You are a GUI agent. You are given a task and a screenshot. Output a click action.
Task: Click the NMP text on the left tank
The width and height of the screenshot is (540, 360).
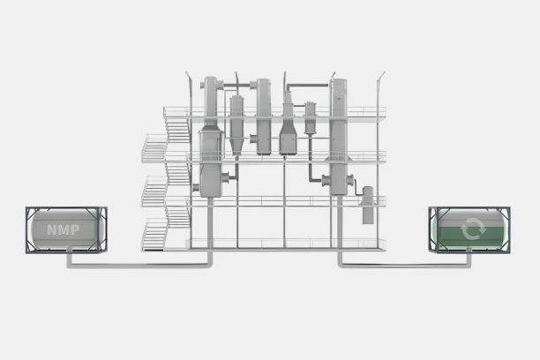click(x=63, y=229)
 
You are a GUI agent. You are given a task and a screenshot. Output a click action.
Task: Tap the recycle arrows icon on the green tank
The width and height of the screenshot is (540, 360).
click(x=473, y=229)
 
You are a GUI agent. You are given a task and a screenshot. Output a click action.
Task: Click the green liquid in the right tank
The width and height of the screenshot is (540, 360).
click(x=470, y=237)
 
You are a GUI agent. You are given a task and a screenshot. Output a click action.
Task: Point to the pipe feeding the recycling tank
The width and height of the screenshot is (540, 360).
click(x=405, y=265)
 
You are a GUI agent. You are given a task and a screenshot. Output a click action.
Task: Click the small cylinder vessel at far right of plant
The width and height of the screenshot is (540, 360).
click(x=368, y=205)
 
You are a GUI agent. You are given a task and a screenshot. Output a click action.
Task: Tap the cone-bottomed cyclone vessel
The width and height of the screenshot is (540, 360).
click(x=236, y=124)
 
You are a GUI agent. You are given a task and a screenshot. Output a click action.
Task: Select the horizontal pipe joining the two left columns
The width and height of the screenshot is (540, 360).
click(x=238, y=85)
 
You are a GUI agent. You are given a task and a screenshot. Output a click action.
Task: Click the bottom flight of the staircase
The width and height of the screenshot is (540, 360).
click(x=154, y=236)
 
